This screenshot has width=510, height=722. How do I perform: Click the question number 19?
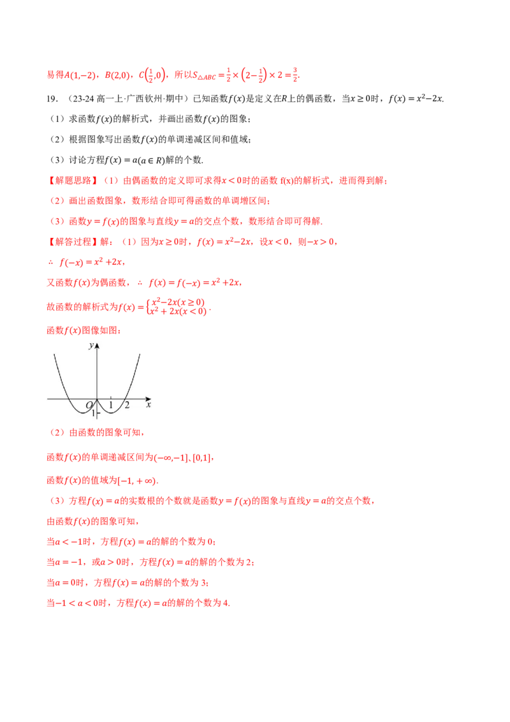coord(52,98)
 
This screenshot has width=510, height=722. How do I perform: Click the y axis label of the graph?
coord(91,345)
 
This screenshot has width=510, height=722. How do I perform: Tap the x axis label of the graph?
coord(148,405)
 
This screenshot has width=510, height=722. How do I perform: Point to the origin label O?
coord(90,405)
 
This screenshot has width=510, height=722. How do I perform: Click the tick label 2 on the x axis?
coord(127,405)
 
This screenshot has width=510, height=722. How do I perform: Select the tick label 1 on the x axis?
coord(111,405)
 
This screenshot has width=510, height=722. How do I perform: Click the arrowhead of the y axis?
coord(97,345)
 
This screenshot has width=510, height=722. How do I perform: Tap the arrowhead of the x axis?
coord(148,399)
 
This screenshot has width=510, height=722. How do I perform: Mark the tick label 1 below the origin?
coord(93,413)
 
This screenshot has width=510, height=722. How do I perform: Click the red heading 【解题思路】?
coord(73,180)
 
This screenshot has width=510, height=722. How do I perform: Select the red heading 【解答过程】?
coord(73,242)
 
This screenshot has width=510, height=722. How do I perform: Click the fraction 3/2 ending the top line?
coord(296,75)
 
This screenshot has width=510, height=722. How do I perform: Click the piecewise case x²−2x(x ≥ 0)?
coord(178,302)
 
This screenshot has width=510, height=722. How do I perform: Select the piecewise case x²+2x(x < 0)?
coord(178,311)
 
